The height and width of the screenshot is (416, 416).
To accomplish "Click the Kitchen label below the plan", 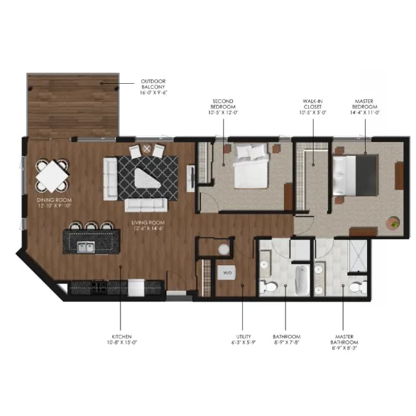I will (120, 339).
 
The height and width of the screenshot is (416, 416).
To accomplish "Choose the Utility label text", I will (243, 339).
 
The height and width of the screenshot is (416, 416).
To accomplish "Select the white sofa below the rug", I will (146, 205).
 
